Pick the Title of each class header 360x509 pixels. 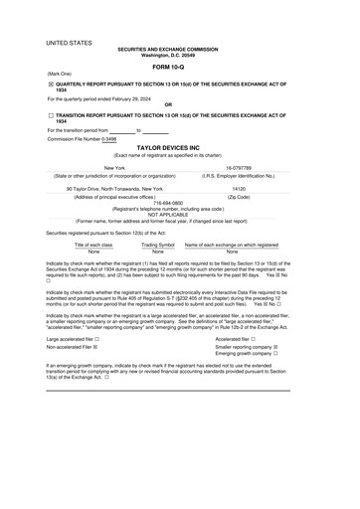point(94,244)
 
